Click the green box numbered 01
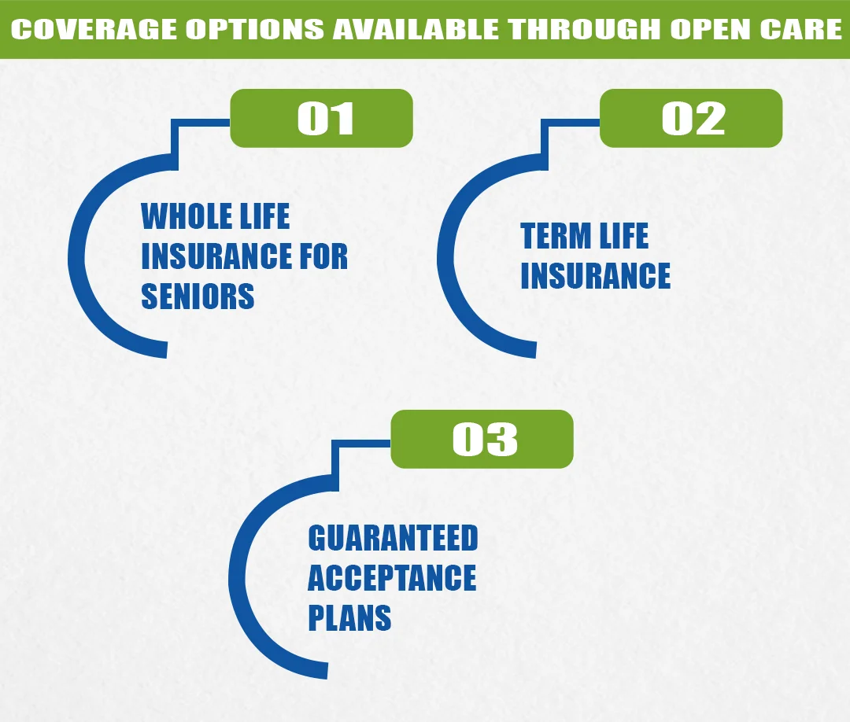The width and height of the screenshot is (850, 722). click(x=321, y=118)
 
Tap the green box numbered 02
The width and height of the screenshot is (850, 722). click(x=691, y=118)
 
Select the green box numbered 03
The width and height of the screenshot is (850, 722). click(x=482, y=439)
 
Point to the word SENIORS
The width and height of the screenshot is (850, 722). click(x=198, y=297)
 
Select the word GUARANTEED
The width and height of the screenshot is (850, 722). click(x=393, y=539)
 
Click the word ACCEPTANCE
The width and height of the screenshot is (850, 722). click(x=391, y=579)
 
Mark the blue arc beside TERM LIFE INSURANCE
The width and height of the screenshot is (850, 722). click(x=446, y=260)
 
